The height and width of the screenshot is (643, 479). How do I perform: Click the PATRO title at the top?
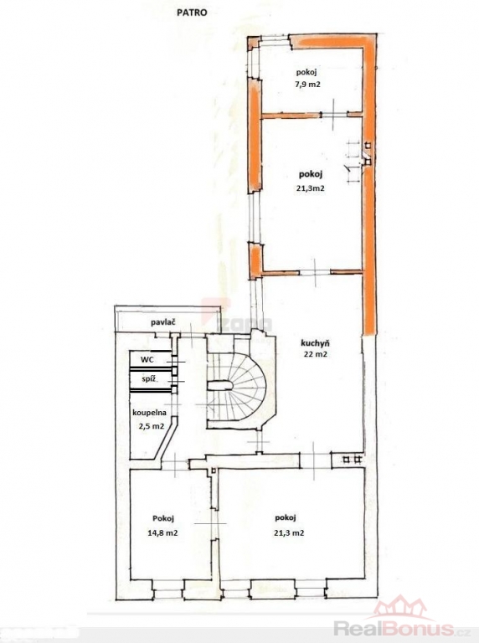[x=192, y=13]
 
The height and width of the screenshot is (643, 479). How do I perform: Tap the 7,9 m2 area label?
[x=308, y=85]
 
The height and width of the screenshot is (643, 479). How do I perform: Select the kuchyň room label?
[x=316, y=343]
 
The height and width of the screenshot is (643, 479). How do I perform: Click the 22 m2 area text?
[x=316, y=355]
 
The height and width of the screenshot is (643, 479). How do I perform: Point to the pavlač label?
[x=163, y=322]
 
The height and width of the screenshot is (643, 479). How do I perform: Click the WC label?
[x=147, y=360]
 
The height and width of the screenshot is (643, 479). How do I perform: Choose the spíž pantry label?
[x=149, y=379]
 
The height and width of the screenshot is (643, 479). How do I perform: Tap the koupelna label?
[x=149, y=413]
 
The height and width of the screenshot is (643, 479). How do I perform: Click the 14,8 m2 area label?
[x=162, y=533]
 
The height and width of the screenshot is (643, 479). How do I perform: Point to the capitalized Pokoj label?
[x=162, y=518]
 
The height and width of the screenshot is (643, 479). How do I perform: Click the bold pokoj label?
[x=311, y=175]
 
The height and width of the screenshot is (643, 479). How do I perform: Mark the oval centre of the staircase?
[x=220, y=385]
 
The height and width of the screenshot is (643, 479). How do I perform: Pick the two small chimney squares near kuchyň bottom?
[x=353, y=460]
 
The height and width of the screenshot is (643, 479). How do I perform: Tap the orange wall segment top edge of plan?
[x=332, y=42]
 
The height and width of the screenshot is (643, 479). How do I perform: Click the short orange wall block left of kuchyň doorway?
[x=255, y=260]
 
